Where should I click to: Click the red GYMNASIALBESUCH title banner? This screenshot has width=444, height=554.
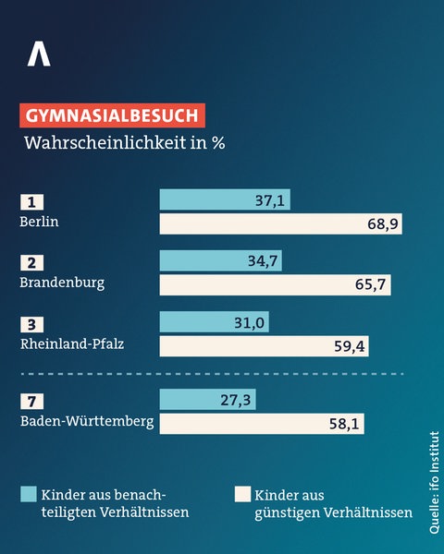coord(111,115)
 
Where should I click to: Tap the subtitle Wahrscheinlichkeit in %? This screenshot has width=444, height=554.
coord(125,143)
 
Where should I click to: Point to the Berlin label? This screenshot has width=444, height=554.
coord(39,223)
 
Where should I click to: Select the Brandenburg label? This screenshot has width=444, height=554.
coord(62,283)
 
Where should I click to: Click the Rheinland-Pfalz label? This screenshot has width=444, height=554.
coord(71,344)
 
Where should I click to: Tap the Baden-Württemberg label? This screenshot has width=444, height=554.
coord(86,422)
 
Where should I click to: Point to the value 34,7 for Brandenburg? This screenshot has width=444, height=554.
coord(263,261)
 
